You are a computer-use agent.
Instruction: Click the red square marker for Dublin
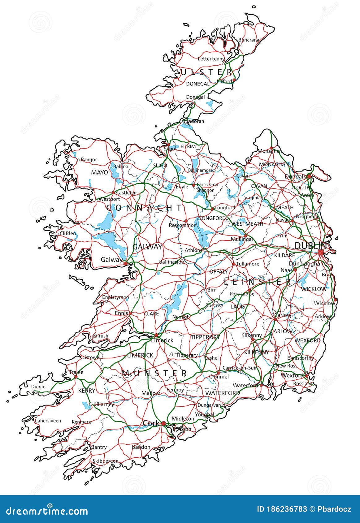[x=320, y=252]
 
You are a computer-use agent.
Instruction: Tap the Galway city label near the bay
[x=111, y=259]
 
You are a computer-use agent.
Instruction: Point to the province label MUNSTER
[x=154, y=373]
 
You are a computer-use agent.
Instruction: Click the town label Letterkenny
[x=211, y=58]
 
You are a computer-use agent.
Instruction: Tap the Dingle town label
[x=38, y=387]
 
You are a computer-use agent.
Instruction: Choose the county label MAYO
[x=99, y=172]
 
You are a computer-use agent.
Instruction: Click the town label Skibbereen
[x=105, y=461]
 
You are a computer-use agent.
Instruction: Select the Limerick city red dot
[x=156, y=335]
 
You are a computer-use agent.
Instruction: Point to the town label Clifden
[x=67, y=233]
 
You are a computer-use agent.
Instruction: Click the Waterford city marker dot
[x=261, y=385]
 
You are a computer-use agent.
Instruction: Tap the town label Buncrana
[x=249, y=40]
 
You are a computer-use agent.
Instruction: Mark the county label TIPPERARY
[x=205, y=337]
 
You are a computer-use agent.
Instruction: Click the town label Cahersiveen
[x=48, y=421]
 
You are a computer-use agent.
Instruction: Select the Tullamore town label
[x=247, y=264]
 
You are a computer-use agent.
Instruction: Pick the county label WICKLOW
[x=313, y=289]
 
